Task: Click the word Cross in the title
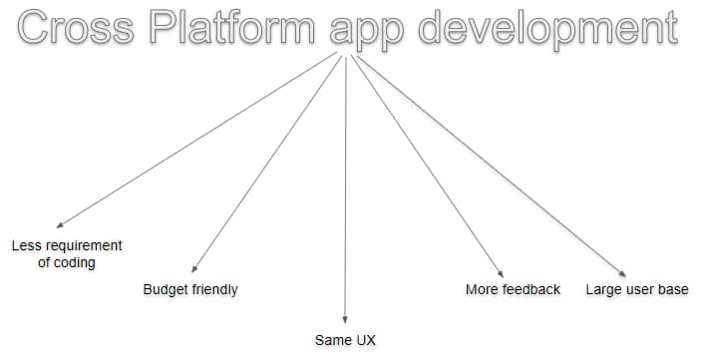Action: [76, 28]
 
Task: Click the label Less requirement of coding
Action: [67, 253]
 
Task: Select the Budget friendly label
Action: [190, 290]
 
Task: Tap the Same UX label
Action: [345, 341]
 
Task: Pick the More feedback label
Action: [513, 290]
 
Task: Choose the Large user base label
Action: [636, 290]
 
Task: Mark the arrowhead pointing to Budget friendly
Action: [193, 268]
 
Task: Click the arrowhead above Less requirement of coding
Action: [61, 225]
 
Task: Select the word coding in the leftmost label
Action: [75, 262]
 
